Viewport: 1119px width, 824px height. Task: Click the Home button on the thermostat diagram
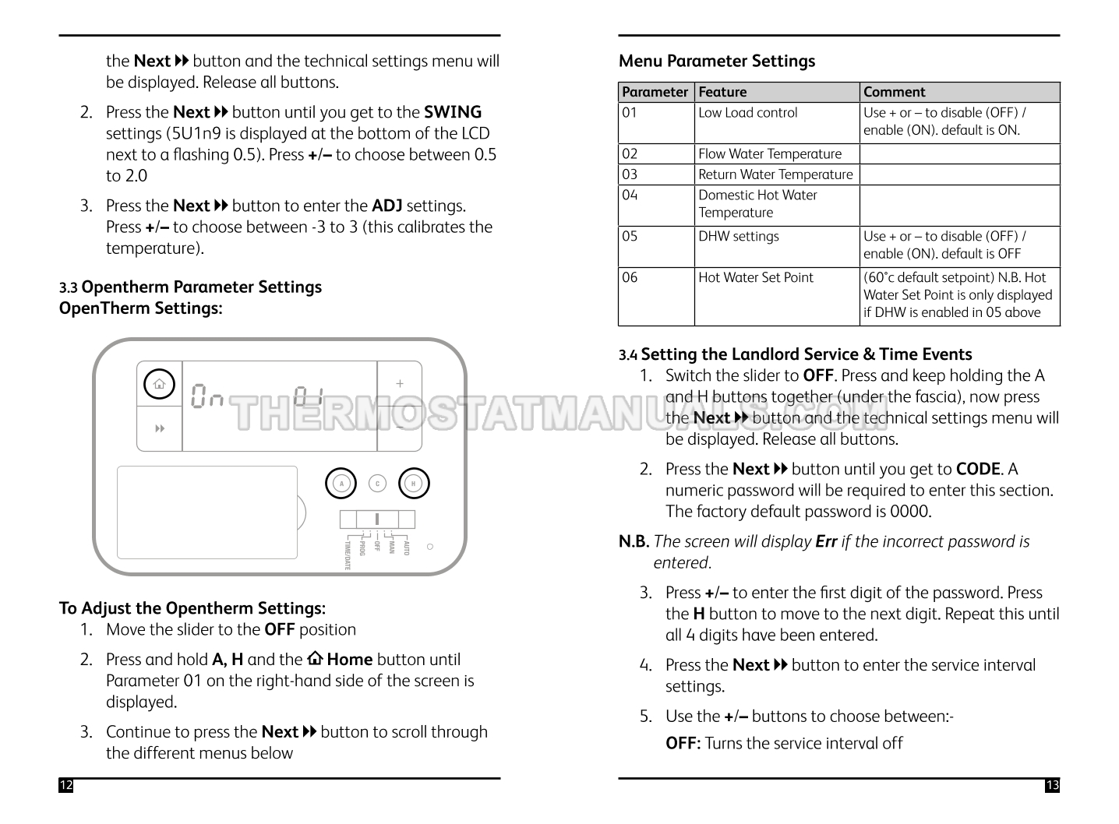pos(159,384)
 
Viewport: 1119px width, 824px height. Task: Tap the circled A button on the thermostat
pos(341,484)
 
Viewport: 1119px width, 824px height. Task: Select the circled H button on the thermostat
pos(414,484)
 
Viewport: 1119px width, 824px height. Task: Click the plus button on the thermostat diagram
pos(400,383)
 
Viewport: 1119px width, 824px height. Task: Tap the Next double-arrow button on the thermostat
pos(160,428)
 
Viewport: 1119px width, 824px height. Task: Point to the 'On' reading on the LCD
pos(207,396)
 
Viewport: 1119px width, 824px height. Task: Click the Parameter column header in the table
pos(655,92)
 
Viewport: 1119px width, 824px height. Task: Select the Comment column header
pos(894,92)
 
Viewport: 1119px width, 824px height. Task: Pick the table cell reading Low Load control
pos(747,113)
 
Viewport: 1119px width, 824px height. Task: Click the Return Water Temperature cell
pos(775,174)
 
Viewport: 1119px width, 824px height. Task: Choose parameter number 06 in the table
pos(630,278)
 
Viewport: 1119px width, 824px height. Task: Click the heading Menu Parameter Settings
pos(716,61)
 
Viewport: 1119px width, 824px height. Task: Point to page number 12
pos(65,785)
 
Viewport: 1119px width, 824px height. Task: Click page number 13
pos(1052,785)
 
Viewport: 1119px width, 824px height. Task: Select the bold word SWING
pos(453,112)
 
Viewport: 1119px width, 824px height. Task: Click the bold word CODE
pos(978,469)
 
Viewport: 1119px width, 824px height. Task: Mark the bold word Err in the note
pos(826,541)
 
